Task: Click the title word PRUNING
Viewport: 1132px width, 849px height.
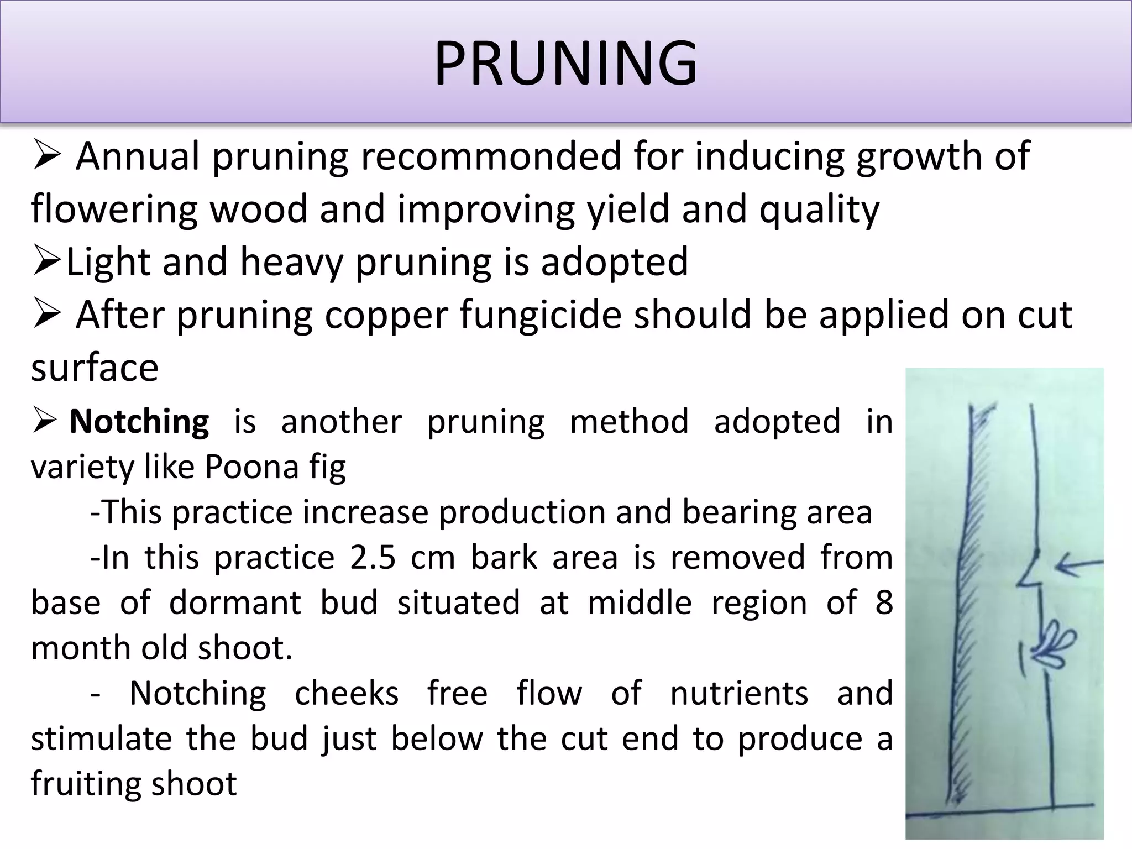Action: click(565, 64)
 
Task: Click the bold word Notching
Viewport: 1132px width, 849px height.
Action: click(139, 422)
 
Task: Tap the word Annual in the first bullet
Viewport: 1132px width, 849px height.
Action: click(138, 156)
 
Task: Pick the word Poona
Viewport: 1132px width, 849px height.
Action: click(251, 467)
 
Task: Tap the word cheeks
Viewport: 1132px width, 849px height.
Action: click(346, 694)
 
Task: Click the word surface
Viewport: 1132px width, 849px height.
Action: click(95, 368)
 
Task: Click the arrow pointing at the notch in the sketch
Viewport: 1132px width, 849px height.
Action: click(1078, 565)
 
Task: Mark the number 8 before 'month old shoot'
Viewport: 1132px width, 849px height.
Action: click(884, 602)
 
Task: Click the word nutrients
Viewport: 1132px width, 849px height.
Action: click(739, 694)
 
